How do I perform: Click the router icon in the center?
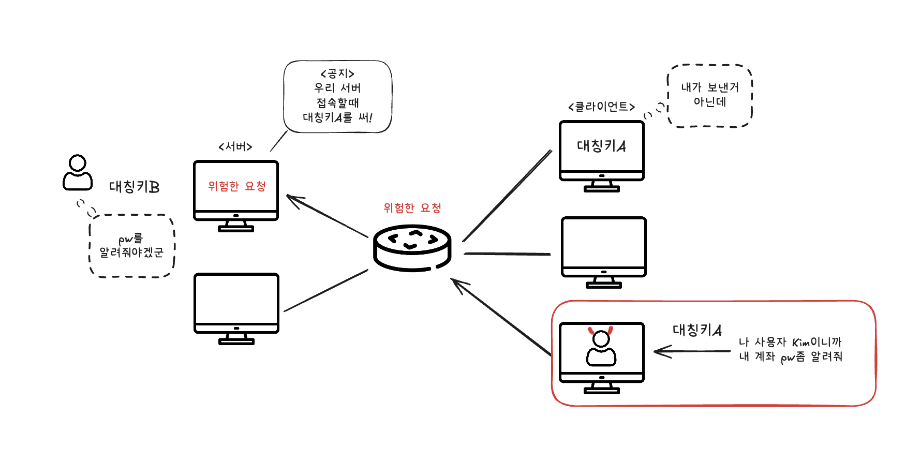pos(412,248)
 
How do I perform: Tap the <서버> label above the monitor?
pos(235,147)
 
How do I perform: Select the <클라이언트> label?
pos(601,107)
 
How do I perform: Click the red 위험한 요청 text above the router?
pos(412,208)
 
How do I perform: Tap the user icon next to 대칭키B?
pos(78,173)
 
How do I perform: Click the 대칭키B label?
pos(134,187)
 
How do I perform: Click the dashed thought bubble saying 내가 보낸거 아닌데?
pos(710,96)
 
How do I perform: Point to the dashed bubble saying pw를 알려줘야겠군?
pos(132,246)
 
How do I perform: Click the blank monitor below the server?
pos(236,308)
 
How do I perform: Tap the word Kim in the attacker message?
pos(800,343)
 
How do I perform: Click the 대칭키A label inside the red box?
pos(697,330)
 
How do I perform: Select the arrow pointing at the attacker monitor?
pos(692,351)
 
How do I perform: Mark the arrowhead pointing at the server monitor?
pos(293,199)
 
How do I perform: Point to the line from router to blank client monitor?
pos(507,254)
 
